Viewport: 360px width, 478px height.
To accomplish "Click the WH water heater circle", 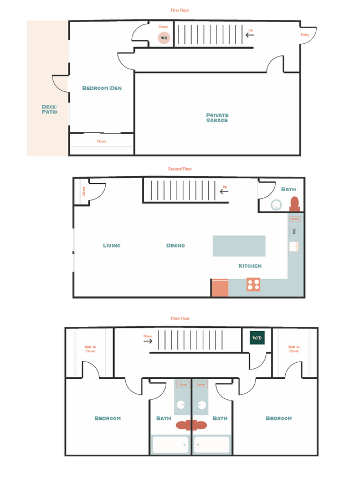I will pyautogui.click(x=164, y=38).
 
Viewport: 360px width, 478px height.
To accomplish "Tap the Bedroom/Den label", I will pyautogui.click(x=102, y=88).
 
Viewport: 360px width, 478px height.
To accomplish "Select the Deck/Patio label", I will pyautogui.click(x=49, y=110).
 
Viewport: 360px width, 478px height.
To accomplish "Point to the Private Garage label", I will pyautogui.click(x=217, y=118).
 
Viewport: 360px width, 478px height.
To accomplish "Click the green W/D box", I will pyautogui.click(x=257, y=337).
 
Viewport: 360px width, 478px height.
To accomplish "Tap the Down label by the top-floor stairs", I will pyautogui.click(x=147, y=336).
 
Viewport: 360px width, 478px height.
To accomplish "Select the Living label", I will pyautogui.click(x=111, y=245).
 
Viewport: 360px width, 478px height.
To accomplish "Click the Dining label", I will pyautogui.click(x=176, y=245).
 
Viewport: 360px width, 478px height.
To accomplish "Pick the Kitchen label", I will pyautogui.click(x=250, y=266).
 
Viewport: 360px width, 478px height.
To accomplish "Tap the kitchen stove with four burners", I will pyautogui.click(x=253, y=285).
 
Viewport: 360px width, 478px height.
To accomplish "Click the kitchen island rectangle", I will pyautogui.click(x=239, y=246).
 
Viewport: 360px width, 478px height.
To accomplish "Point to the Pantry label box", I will pyautogui.click(x=295, y=219).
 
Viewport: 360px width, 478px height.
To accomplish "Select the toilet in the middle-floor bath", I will pyautogui.click(x=295, y=203).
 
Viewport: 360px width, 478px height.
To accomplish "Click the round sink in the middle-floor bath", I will pyautogui.click(x=276, y=204).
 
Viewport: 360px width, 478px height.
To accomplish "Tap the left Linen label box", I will pyautogui.click(x=183, y=384).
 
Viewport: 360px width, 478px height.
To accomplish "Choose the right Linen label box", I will pyautogui.click(x=200, y=384).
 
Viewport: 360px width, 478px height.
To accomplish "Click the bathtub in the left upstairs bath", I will pyautogui.click(x=170, y=445).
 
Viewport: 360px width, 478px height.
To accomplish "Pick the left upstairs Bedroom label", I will pyautogui.click(x=107, y=418).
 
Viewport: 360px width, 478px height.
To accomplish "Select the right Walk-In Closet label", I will pyautogui.click(x=294, y=349).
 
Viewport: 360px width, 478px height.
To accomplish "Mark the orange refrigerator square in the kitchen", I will pyautogui.click(x=220, y=288).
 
